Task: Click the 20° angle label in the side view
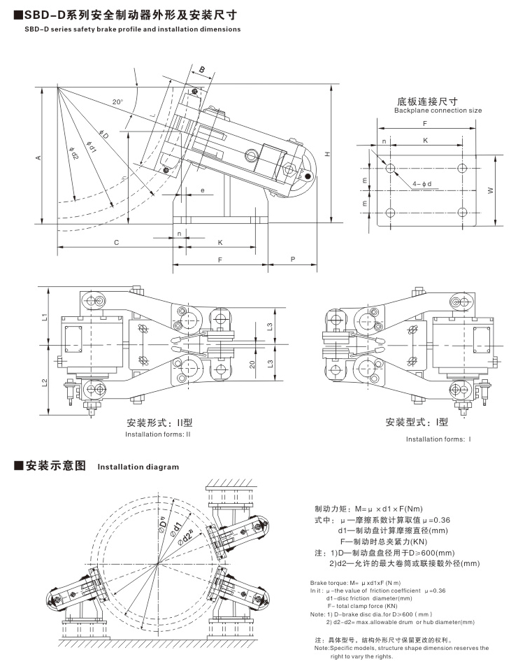click(117, 102)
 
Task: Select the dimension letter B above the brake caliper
click(201, 70)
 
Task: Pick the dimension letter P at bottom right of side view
click(292, 258)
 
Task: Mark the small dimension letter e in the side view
click(202, 190)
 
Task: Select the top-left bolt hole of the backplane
click(391, 168)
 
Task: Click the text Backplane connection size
click(438, 111)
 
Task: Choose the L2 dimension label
click(43, 382)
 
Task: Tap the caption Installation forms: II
click(157, 435)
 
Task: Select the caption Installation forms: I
click(439, 439)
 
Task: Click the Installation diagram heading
click(138, 466)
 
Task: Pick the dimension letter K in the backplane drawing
click(425, 140)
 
